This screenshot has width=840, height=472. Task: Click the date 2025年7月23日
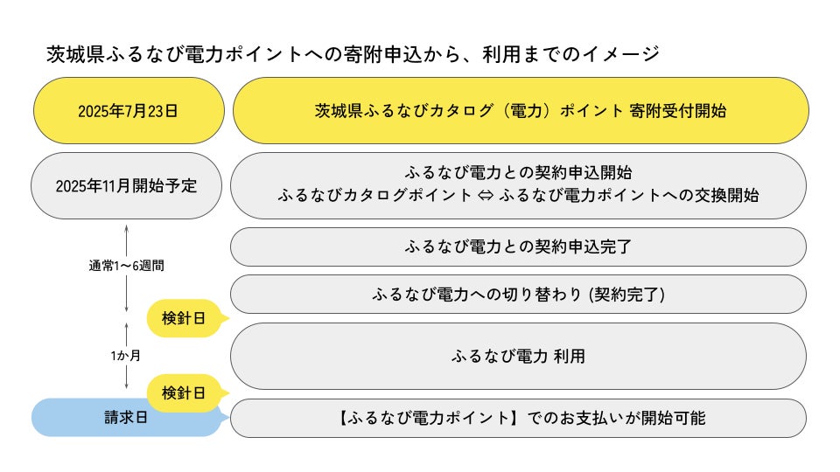point(128,111)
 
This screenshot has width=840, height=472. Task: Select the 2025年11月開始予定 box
point(126,185)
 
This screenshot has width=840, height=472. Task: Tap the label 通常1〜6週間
point(126,266)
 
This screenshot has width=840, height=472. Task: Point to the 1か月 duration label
point(126,356)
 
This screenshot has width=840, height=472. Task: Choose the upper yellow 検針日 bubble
point(185,318)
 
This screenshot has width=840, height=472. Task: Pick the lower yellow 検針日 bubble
point(185,393)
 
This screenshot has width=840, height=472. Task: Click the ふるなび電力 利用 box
point(518,356)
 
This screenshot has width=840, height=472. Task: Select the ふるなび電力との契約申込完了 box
point(518,246)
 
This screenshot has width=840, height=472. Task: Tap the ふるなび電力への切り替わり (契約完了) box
point(518,294)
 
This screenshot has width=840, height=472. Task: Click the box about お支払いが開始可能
point(518,418)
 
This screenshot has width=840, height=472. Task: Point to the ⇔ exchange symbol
point(486,195)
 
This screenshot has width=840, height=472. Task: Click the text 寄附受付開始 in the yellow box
point(678,111)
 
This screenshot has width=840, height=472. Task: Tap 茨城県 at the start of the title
point(75,54)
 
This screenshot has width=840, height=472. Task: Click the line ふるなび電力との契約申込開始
point(518,172)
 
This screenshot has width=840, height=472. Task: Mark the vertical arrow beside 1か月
point(126,356)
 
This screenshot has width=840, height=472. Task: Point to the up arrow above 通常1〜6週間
point(126,240)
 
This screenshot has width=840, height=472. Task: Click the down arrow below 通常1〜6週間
point(126,294)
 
